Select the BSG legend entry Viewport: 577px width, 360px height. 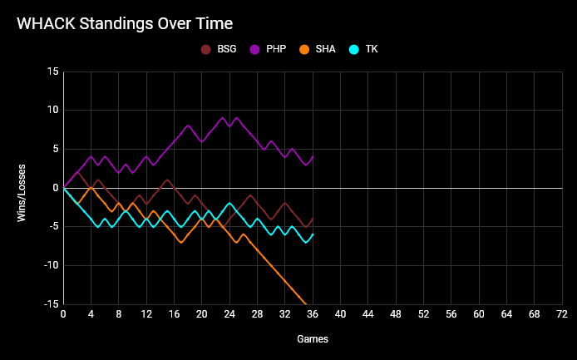pyautogui.click(x=226, y=49)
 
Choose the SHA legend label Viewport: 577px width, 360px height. pyautogui.click(x=325, y=49)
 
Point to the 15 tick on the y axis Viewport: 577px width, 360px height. pyautogui.click(x=52, y=72)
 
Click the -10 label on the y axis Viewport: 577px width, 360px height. pyautogui.click(x=50, y=265)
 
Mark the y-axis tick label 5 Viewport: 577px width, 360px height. pyautogui.click(x=55, y=149)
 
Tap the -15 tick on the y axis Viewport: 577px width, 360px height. pyautogui.click(x=50, y=304)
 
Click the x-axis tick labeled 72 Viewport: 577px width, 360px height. pyautogui.click(x=561, y=315)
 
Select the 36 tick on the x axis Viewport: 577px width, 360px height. pyautogui.click(x=313, y=315)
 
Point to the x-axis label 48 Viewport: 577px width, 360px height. pyautogui.click(x=396, y=315)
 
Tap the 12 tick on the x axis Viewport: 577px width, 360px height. pyautogui.click(x=146, y=315)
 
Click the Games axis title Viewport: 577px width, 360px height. pyautogui.click(x=313, y=339)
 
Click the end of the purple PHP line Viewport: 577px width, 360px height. pyautogui.click(x=313, y=156)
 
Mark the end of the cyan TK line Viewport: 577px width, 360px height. pyautogui.click(x=313, y=234)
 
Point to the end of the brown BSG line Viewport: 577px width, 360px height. pyautogui.click(x=313, y=219)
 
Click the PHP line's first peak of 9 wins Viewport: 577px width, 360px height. pyautogui.click(x=223, y=118)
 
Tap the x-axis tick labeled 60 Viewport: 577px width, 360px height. pyautogui.click(x=479, y=315)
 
